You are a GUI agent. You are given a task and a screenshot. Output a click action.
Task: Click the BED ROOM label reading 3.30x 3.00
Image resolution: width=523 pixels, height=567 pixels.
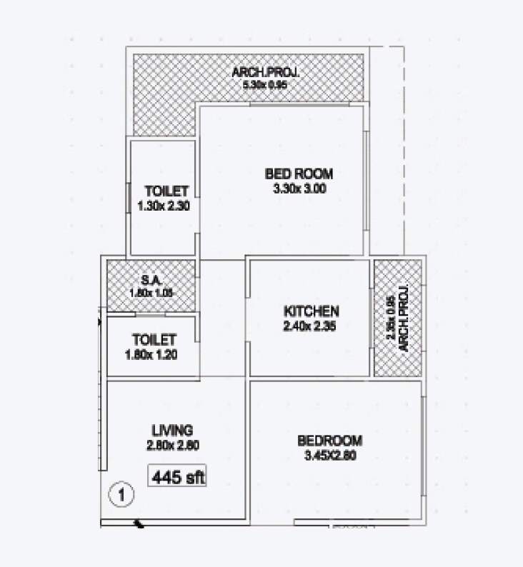[299, 174]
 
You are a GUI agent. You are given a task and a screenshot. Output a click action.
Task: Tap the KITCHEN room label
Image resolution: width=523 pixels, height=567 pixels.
[311, 312]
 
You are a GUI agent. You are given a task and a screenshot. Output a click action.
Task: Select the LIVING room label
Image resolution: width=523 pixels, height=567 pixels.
[172, 430]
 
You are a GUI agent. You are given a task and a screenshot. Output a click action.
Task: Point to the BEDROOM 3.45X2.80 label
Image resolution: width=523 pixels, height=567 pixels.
[329, 441]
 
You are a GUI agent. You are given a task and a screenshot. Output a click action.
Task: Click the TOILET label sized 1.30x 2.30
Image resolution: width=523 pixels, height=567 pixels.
[166, 191]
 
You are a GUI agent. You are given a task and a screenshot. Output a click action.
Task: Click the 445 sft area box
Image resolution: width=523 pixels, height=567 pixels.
[177, 476]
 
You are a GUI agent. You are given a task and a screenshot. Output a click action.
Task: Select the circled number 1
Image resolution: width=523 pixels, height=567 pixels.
[122, 493]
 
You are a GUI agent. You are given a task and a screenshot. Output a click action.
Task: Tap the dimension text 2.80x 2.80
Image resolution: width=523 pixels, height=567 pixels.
[172, 445]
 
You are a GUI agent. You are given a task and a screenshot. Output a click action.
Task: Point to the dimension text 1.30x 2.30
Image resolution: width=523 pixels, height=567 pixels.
[167, 206]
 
